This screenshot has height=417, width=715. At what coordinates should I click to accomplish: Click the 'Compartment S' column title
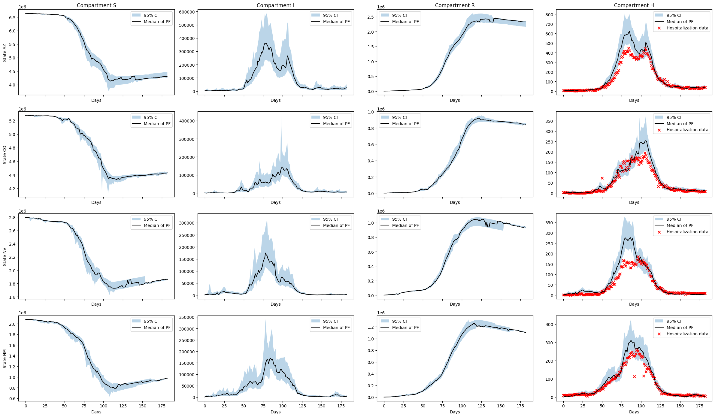tap(96, 5)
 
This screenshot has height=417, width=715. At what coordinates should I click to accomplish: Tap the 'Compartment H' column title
tap(634, 5)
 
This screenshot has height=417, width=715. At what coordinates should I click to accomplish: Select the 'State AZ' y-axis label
tap(5, 53)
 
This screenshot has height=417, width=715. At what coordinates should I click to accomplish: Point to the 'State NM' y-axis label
tap(5, 358)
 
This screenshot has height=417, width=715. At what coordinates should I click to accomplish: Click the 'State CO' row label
tap(5, 155)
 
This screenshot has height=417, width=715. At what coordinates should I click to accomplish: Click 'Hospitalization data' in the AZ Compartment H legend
tap(687, 28)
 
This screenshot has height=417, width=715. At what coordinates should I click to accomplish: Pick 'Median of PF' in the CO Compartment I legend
tap(336, 124)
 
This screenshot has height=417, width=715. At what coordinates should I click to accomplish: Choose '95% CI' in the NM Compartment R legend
tap(399, 321)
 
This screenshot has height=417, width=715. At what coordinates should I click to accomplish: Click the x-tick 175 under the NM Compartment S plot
tap(162, 406)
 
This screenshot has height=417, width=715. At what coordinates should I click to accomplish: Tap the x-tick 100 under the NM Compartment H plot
tap(641, 406)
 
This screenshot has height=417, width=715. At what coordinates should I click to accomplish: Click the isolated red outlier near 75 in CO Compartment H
tap(602, 178)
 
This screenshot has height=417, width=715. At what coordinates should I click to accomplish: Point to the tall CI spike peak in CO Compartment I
tap(281, 116)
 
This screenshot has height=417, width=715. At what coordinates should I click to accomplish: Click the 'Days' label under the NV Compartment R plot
tap(455, 304)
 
